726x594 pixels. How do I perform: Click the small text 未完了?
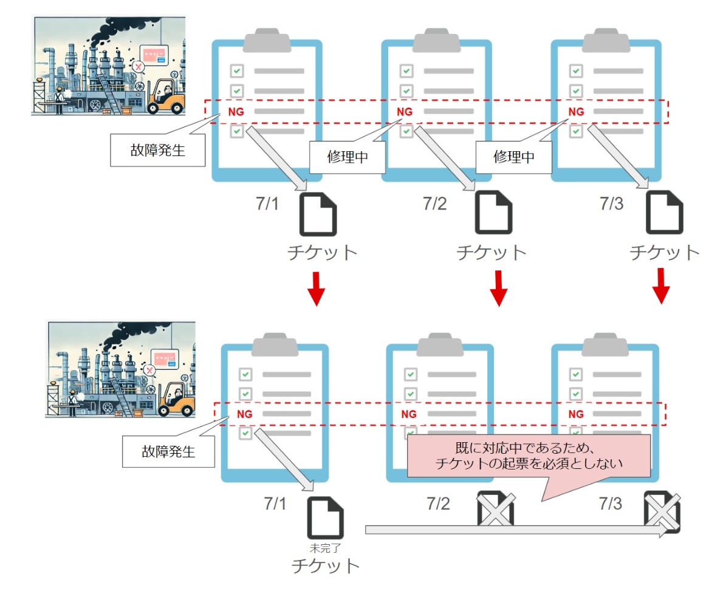325,548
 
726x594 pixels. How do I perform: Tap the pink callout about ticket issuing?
529,456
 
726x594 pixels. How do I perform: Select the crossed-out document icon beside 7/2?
496,509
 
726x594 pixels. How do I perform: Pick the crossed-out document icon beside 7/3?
663,511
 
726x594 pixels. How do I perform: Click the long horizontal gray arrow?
516,530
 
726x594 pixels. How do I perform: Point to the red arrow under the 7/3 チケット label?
661,286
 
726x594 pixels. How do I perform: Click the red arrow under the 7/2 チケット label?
498,288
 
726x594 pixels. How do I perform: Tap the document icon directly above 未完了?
326,517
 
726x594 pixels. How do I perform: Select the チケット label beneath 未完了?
326,566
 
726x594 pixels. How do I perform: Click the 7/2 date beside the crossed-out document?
438,504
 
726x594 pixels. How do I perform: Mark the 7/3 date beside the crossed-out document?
610,504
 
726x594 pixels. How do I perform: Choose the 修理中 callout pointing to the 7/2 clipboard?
348,156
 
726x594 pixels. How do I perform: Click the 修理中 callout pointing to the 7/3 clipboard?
514,156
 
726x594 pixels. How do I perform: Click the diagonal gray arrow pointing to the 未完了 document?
284,459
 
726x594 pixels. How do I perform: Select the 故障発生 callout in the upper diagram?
157,149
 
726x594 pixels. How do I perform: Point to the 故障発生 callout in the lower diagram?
168,451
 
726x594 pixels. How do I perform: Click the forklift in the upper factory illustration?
166,97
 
